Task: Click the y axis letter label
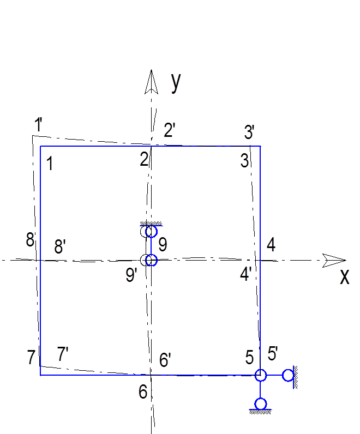(176, 83)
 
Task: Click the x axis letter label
(345, 276)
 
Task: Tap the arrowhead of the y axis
(151, 82)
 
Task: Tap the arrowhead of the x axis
(334, 260)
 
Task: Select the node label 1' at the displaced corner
(39, 124)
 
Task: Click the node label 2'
(170, 130)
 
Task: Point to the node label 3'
(249, 132)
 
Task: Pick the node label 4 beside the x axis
(271, 245)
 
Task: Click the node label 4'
(245, 274)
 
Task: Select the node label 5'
(273, 353)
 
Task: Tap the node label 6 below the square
(143, 392)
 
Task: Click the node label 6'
(165, 360)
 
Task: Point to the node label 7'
(63, 354)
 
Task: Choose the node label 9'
(131, 275)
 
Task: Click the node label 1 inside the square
(50, 164)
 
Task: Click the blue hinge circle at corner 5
(260, 375)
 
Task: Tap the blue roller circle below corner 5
(260, 404)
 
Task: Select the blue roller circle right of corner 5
(288, 375)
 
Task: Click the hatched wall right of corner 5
(296, 377)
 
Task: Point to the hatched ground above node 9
(151, 224)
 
